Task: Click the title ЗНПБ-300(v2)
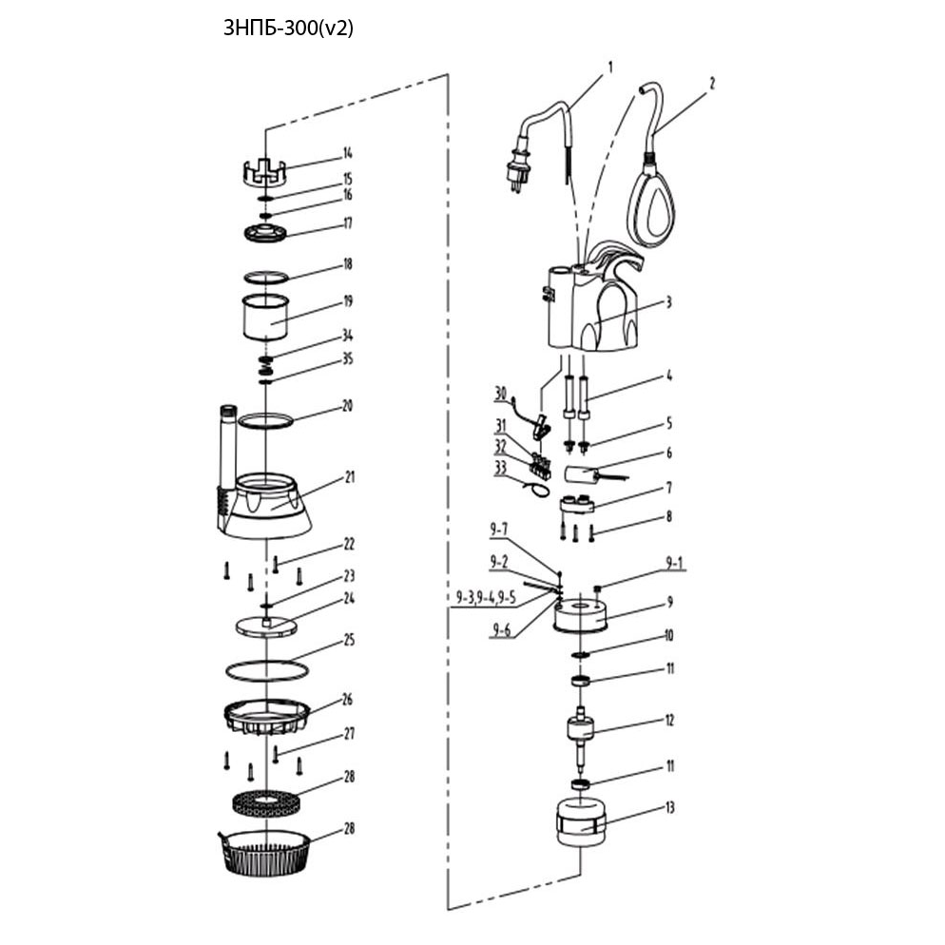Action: [288, 28]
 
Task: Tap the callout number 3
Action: [668, 302]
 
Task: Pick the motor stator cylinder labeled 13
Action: [580, 823]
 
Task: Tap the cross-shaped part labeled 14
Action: [267, 172]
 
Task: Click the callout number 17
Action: [348, 224]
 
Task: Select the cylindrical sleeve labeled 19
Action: [264, 318]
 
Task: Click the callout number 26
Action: [348, 699]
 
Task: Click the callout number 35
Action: [348, 360]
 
